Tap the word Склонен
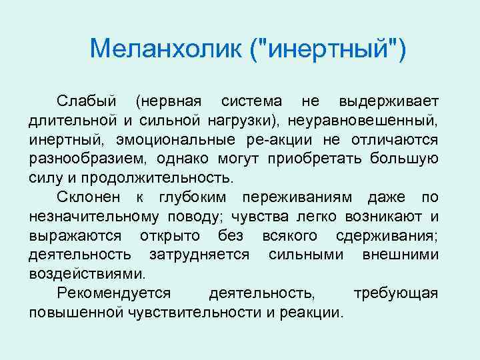click(90, 198)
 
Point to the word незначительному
click(94, 217)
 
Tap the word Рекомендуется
click(114, 293)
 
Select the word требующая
click(395, 293)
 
